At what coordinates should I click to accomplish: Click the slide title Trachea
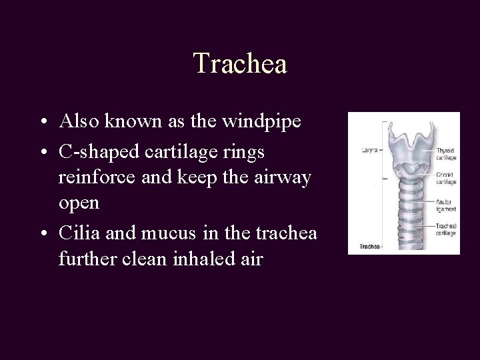pyautogui.click(x=240, y=64)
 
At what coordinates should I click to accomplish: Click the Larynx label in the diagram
pyautogui.click(x=368, y=151)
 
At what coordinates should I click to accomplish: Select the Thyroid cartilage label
pyautogui.click(x=445, y=155)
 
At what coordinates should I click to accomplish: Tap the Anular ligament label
pyautogui.click(x=445, y=205)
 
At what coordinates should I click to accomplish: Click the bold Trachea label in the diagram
pyautogui.click(x=369, y=247)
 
